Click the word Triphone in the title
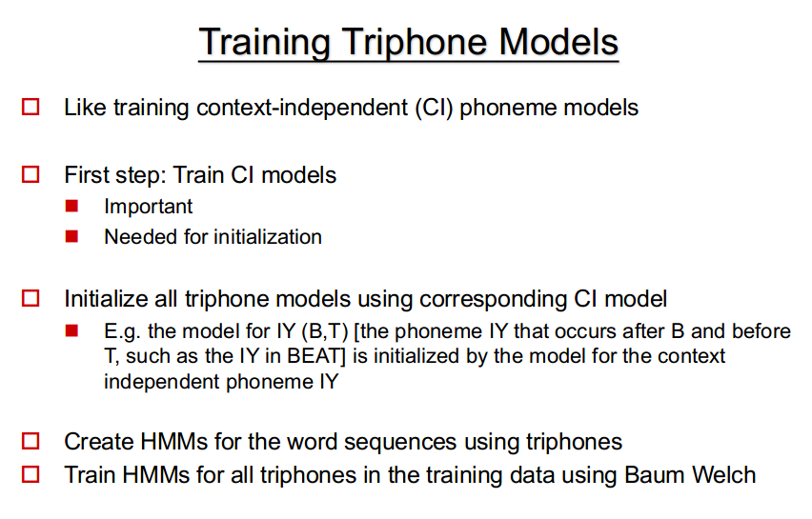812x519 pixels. pyautogui.click(x=416, y=43)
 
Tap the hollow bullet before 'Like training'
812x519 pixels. pyautogui.click(x=30, y=107)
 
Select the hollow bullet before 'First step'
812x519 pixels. pyautogui.click(x=30, y=174)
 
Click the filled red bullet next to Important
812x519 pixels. pyautogui.click(x=71, y=206)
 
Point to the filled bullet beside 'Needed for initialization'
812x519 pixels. pyautogui.click(x=71, y=236)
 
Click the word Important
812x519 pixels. pyautogui.click(x=148, y=207)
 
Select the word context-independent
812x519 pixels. pyautogui.click(x=302, y=108)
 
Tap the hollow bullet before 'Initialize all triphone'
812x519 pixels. pyautogui.click(x=30, y=298)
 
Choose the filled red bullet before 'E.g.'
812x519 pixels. pyautogui.click(x=71, y=330)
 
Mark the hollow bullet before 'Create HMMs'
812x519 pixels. pyautogui.click(x=30, y=441)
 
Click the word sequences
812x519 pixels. pyautogui.click(x=400, y=443)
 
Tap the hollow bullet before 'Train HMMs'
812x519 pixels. pyautogui.click(x=30, y=474)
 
